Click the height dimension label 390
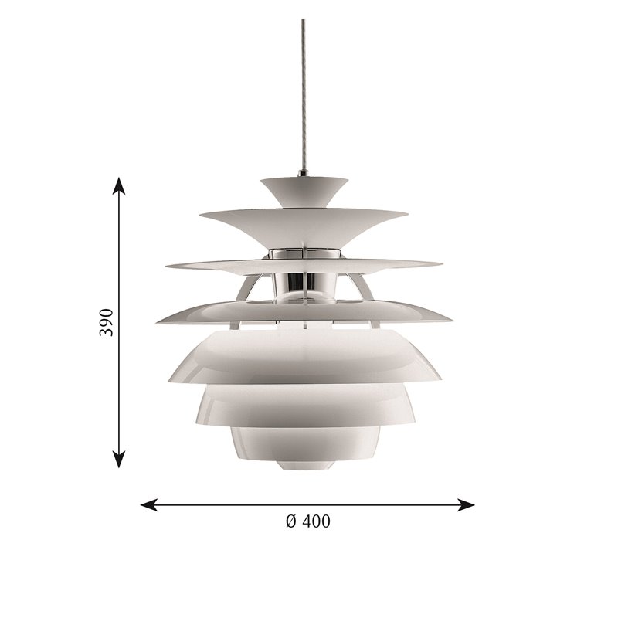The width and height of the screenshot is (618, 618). (107, 322)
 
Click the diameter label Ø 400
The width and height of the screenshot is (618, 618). (307, 521)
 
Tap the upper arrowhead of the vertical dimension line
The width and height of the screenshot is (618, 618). (119, 186)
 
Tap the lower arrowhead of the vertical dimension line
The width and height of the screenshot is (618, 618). (119, 459)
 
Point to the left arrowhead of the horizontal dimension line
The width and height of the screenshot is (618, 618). (149, 504)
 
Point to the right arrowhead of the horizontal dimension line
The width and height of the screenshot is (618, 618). (466, 504)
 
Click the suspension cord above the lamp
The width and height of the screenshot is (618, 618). (303, 93)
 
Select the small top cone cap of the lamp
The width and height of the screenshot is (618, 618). (304, 192)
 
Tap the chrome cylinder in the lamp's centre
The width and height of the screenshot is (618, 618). (304, 281)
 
